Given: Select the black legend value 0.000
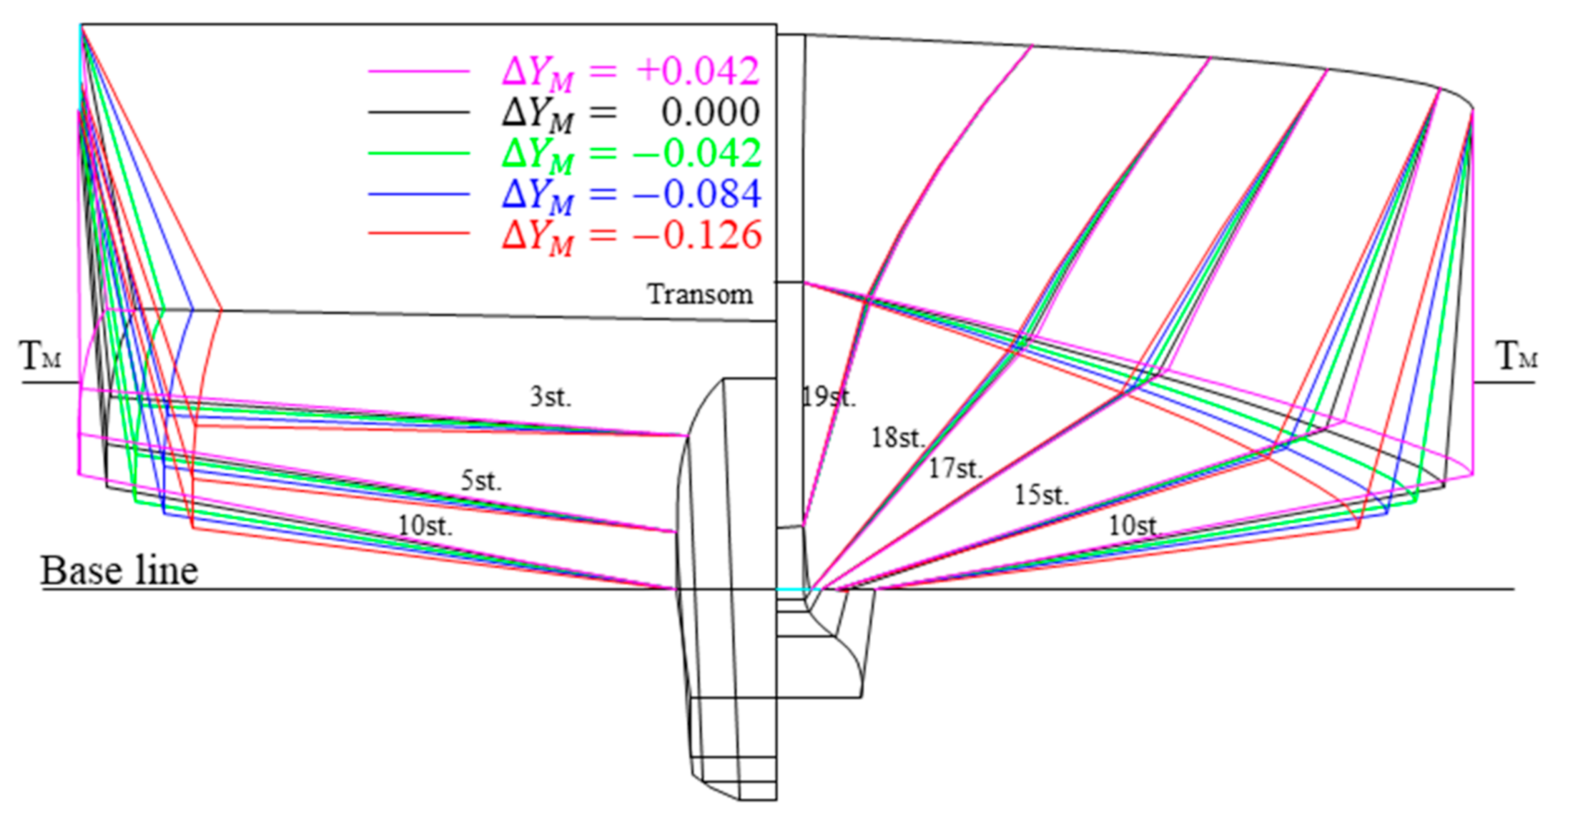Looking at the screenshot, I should pyautogui.click(x=710, y=112).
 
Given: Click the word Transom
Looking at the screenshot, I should pyautogui.click(x=700, y=294).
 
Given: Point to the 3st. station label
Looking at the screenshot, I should pyautogui.click(x=551, y=397).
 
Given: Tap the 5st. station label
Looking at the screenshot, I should pyautogui.click(x=481, y=481).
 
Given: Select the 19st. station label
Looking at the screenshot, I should pyautogui.click(x=828, y=396).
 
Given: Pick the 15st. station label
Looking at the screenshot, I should pyautogui.click(x=1042, y=495).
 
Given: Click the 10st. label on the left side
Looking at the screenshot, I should pyautogui.click(x=425, y=526).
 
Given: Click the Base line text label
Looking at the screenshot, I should pyautogui.click(x=119, y=571).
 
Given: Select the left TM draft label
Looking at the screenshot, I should pyautogui.click(x=41, y=356).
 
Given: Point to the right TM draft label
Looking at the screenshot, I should pyautogui.click(x=1516, y=356).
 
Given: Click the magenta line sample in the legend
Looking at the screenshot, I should pyautogui.click(x=418, y=72).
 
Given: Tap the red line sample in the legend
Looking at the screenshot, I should pyautogui.click(x=418, y=234).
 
